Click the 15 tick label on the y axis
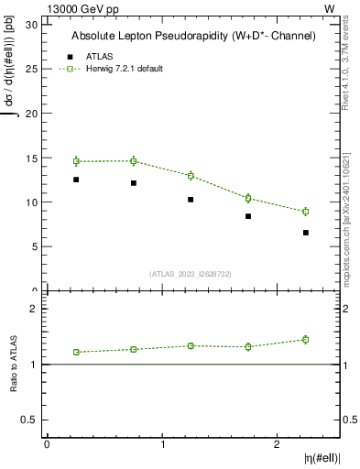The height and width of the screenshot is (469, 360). pyautogui.click(x=33, y=158)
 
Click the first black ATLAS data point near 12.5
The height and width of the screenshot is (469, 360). pyautogui.click(x=76, y=180)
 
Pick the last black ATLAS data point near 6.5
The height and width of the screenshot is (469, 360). pyautogui.click(x=306, y=233)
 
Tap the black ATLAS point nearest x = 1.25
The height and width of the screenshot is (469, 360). pyautogui.click(x=191, y=200)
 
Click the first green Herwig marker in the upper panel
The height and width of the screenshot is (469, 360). pyautogui.click(x=76, y=161)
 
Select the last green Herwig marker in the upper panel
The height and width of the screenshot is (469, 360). pyautogui.click(x=306, y=212)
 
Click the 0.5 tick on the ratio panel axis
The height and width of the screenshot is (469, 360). pyautogui.click(x=32, y=420)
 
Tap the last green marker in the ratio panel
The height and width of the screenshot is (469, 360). pyautogui.click(x=306, y=340)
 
